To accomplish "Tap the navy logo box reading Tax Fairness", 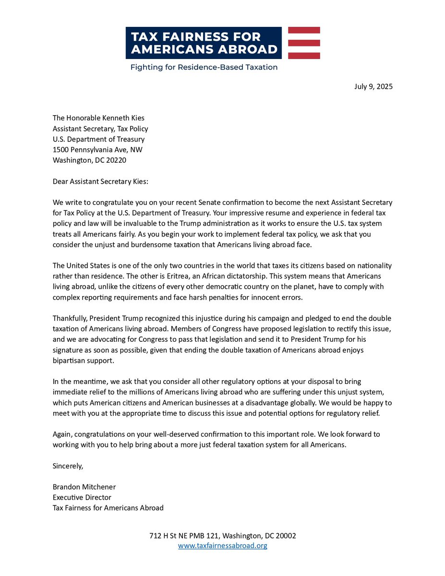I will click(x=203, y=43).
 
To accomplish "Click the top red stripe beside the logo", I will click(x=304, y=30).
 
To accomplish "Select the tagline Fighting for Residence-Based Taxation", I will click(x=204, y=67).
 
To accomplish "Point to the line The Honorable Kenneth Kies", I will click(x=98, y=118).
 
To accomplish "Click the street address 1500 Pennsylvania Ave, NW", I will click(x=97, y=150).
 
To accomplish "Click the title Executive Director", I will click(x=82, y=497).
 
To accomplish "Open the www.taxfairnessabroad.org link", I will click(x=222, y=546).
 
